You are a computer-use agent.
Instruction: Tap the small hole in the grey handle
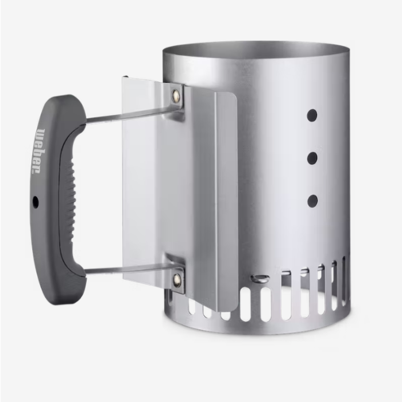[x=36, y=202]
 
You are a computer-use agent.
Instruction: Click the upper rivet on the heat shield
[x=176, y=95]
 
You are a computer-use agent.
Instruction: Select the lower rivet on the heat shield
[x=176, y=280]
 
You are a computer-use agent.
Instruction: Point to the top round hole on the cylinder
[x=312, y=115]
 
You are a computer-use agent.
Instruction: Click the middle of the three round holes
[x=312, y=158]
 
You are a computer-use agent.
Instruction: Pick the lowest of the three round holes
[x=312, y=200]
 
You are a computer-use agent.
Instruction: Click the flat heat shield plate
[x=144, y=184]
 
